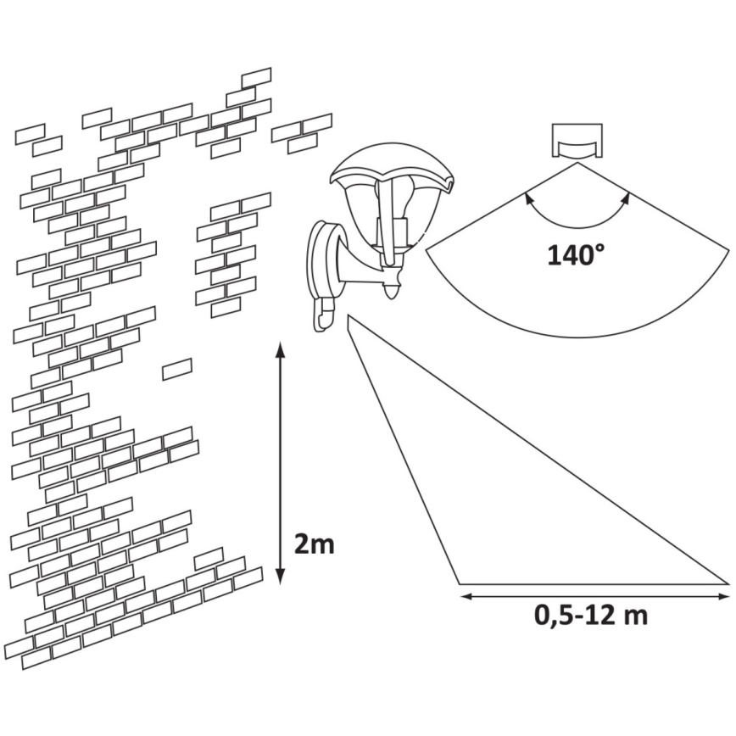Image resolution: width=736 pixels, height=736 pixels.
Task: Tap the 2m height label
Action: coord(314,544)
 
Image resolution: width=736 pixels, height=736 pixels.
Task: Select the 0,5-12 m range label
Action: coord(592,615)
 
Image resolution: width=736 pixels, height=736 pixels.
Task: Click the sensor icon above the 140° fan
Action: coord(577,142)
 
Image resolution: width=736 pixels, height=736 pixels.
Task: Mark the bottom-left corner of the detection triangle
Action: coord(459,584)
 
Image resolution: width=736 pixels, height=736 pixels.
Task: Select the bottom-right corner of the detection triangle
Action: coord(728,583)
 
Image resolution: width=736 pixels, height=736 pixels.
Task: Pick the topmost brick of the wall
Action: coord(256,77)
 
